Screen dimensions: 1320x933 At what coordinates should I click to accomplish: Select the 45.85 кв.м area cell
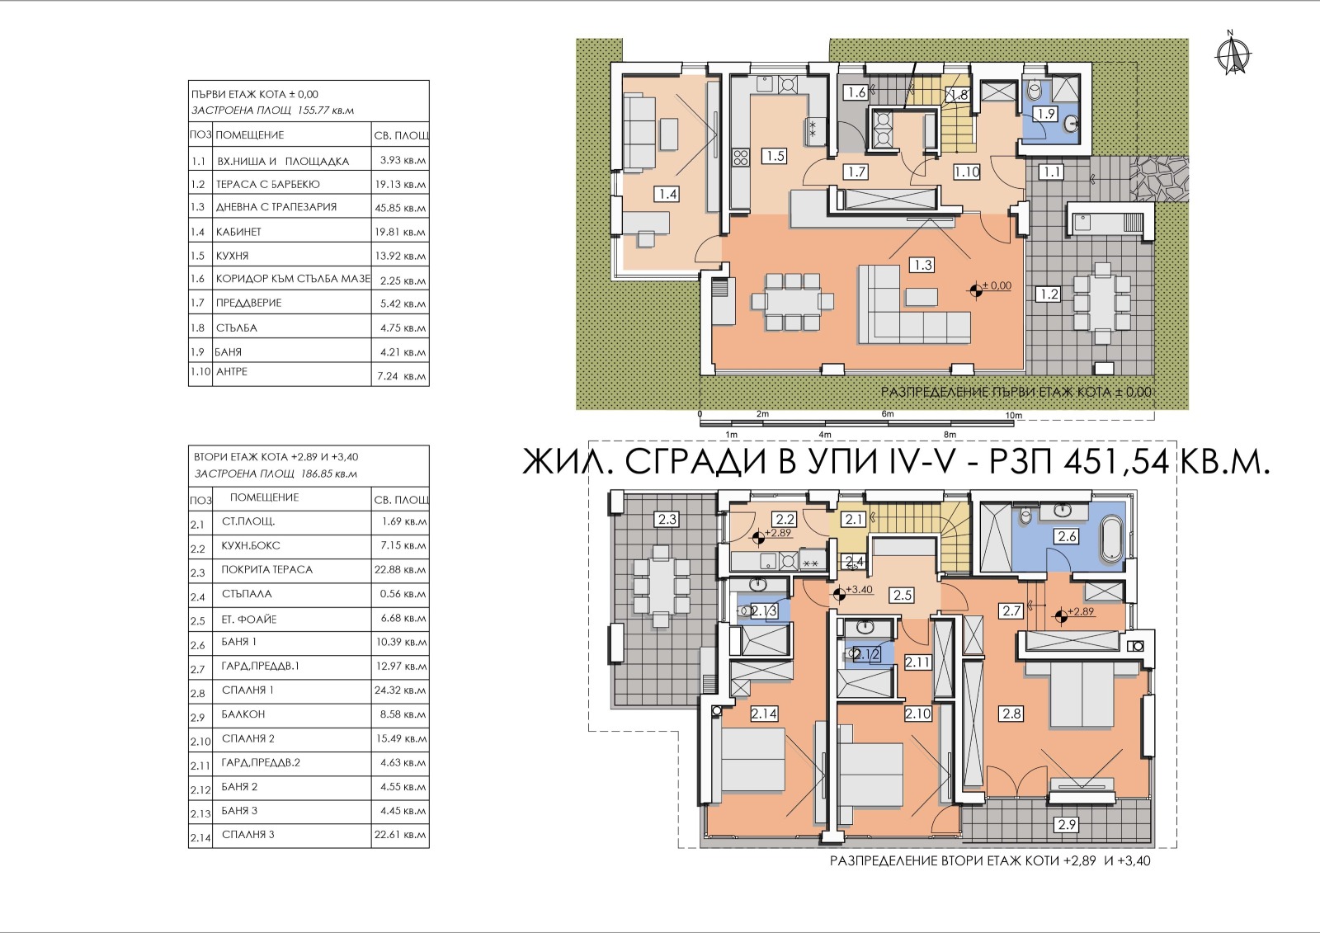point(400,208)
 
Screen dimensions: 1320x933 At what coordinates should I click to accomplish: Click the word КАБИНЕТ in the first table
point(238,232)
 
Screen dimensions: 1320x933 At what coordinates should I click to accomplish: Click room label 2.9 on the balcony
point(1068,824)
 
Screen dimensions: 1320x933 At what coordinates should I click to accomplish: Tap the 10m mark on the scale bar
point(1013,416)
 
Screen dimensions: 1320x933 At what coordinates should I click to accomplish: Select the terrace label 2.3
point(667,520)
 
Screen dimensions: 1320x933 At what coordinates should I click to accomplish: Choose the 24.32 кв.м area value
point(400,690)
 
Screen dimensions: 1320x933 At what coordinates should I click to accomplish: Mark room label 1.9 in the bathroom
point(1046,114)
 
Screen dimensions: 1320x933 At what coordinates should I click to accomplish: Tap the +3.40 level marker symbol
point(838,595)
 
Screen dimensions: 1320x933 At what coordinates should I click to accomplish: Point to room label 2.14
point(764,714)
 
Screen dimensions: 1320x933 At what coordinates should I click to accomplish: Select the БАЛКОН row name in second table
point(243,714)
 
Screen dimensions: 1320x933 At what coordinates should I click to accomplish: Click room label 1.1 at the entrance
point(1051,172)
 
